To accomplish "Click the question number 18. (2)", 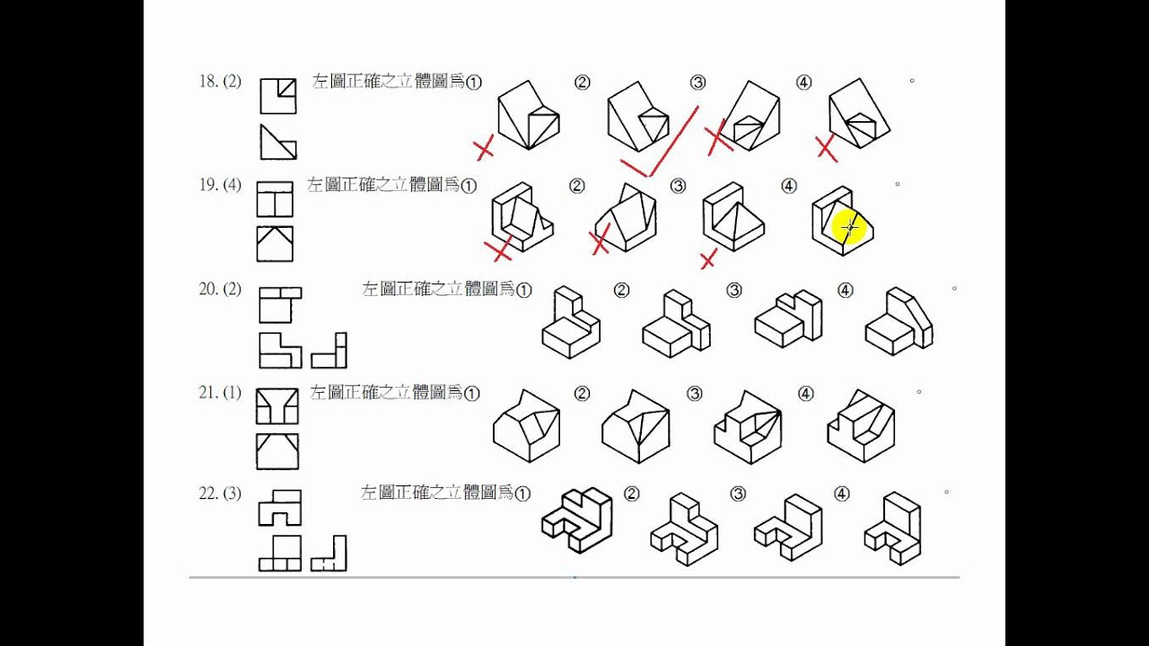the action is (x=220, y=82).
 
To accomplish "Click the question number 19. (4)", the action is (x=220, y=186).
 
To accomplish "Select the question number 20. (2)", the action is (x=220, y=289).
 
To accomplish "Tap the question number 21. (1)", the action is (x=220, y=392).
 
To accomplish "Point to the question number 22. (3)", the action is (x=220, y=493).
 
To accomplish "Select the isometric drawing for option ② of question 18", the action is (x=637, y=118).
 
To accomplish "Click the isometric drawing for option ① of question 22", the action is (x=576, y=519).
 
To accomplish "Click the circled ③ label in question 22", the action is (x=738, y=494).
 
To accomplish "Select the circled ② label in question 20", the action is (x=621, y=290).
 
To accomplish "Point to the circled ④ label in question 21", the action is (x=805, y=393).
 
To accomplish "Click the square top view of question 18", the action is (x=278, y=96).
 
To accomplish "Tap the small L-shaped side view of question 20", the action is (x=329, y=351).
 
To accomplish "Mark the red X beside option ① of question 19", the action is (x=499, y=250).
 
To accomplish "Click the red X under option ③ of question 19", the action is (x=708, y=259).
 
